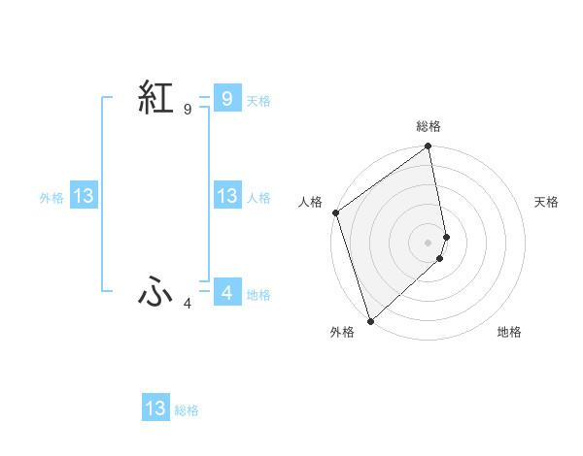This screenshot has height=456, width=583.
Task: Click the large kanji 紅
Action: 155,99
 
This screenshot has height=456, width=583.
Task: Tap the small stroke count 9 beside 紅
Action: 188,110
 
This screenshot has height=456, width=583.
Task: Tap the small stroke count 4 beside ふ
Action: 188,304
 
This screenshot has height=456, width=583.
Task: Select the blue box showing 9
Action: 226,98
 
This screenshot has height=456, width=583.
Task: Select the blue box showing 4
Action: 226,292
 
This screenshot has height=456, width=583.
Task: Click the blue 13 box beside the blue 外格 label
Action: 84,197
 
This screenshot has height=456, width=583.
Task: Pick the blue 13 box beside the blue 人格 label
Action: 226,197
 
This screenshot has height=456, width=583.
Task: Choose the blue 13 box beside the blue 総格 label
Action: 155,408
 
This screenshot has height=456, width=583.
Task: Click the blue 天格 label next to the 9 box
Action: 258,100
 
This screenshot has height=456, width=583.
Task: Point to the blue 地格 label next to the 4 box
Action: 258,294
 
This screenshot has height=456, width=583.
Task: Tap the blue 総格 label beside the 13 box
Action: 187,410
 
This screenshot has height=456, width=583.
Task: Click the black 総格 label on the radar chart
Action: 429,126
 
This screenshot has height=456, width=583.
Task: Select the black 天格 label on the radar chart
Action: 546,202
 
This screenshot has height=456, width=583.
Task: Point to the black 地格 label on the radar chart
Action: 509,332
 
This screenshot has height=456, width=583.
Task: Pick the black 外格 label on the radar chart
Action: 341,332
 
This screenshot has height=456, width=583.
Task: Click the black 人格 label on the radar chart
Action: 311,202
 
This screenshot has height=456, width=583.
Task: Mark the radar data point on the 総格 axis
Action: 429,147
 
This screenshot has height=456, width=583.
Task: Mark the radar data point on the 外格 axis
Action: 370,320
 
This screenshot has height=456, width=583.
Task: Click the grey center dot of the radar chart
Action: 429,242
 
